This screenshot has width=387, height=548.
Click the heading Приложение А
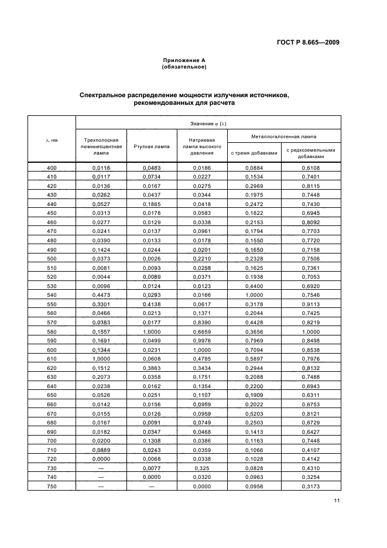(x=183, y=60)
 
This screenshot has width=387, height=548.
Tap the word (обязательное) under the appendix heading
(x=183, y=67)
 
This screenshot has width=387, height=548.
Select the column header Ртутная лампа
(x=152, y=146)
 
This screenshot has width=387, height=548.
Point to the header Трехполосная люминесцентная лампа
(x=101, y=146)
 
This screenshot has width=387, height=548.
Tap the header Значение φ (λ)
(x=208, y=123)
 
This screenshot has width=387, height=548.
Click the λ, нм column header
(x=52, y=141)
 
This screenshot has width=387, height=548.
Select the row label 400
(x=52, y=168)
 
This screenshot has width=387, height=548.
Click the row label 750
(x=52, y=487)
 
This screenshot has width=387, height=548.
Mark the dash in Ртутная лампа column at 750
(x=152, y=487)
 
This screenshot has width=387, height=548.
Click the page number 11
(x=336, y=500)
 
